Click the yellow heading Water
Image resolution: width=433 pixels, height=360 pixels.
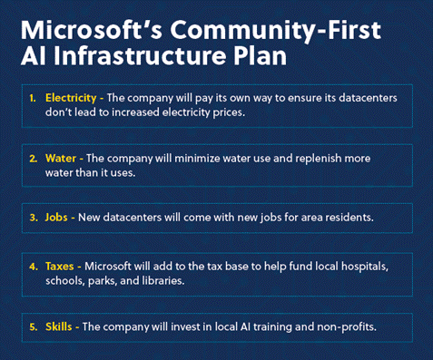tap(61, 158)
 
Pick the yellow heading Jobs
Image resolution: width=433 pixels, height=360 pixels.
tap(58, 218)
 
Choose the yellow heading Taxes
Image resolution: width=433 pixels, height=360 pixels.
tap(62, 268)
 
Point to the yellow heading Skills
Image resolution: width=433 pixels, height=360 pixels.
tap(60, 326)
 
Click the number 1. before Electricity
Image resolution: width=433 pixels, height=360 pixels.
tap(34, 98)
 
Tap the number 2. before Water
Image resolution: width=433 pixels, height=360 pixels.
tap(34, 158)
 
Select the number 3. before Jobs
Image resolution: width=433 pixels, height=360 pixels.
tap(34, 218)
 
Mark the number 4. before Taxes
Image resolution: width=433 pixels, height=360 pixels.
tap(34, 268)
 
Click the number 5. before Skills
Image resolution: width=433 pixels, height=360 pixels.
tap(34, 326)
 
